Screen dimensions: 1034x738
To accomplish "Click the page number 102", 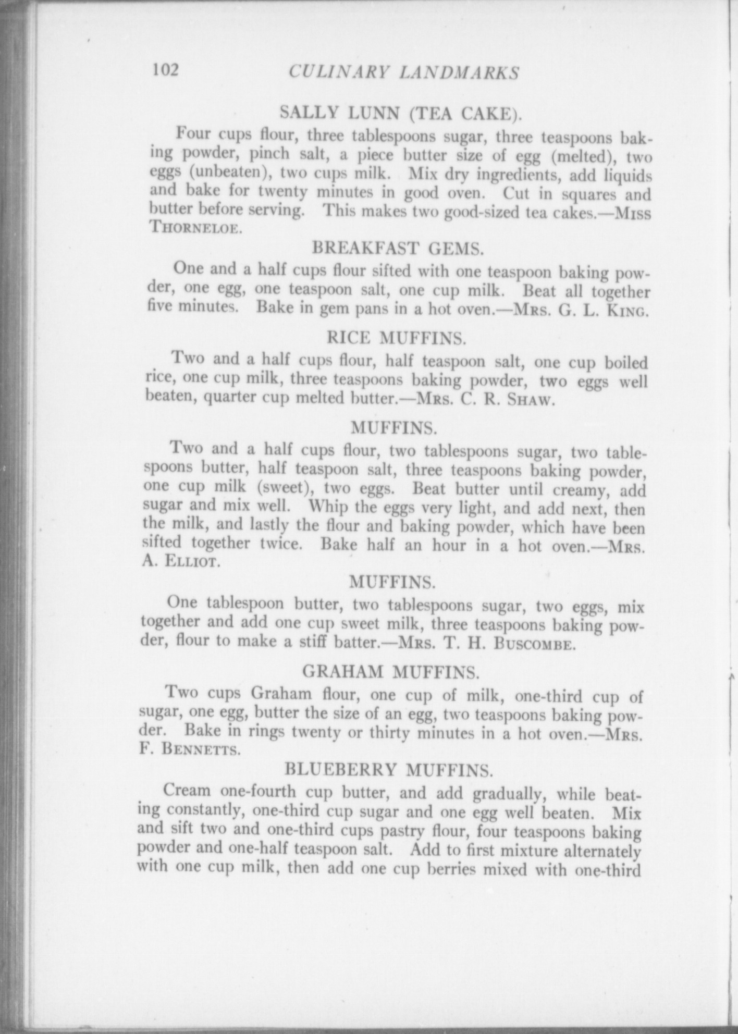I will (x=165, y=70).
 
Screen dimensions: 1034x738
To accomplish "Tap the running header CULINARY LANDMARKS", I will (x=403, y=72).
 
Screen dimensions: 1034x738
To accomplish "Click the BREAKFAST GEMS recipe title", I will (x=398, y=249).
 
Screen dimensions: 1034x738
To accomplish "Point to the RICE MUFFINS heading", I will (x=396, y=338).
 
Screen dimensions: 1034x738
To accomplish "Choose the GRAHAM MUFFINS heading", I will (x=390, y=673).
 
